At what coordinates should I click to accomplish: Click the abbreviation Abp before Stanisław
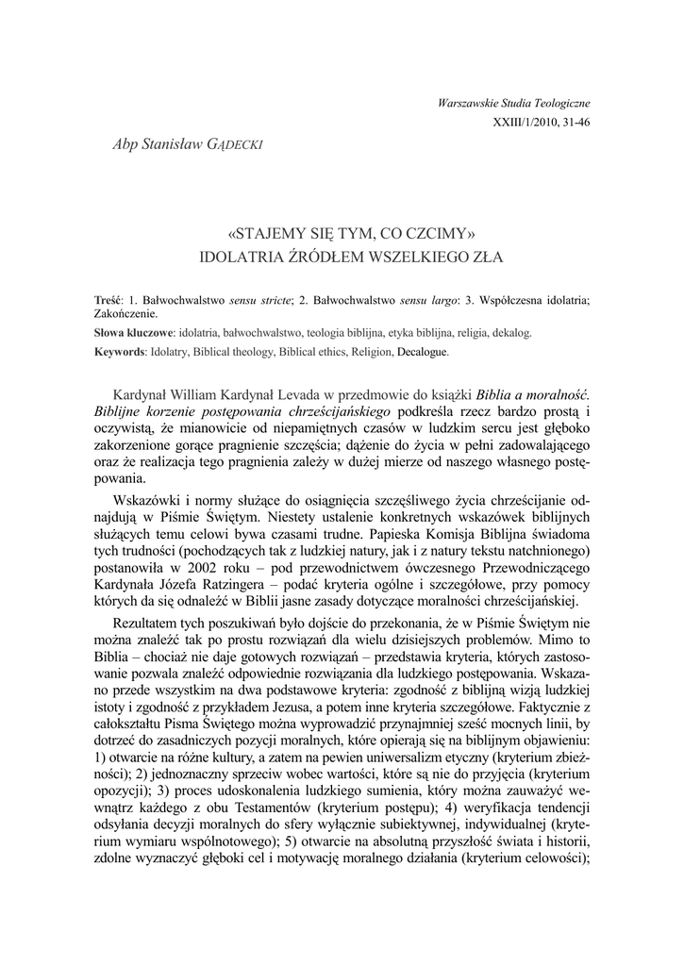125,142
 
